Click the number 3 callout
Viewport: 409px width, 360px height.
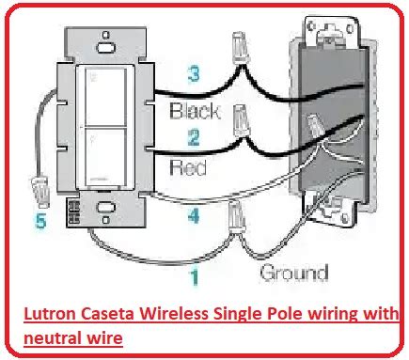click(x=194, y=75)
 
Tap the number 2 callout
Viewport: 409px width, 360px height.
click(x=194, y=137)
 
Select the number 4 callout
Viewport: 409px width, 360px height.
click(x=194, y=216)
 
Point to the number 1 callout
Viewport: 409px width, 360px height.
click(x=195, y=277)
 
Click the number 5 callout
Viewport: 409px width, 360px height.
click(x=41, y=220)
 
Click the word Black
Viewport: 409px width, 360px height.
click(x=195, y=111)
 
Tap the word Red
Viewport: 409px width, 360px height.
click(x=188, y=166)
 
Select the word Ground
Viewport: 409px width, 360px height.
click(x=294, y=273)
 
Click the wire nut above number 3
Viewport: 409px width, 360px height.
click(x=242, y=47)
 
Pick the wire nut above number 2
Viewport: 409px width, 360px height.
click(x=242, y=120)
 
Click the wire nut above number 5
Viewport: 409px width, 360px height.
click(x=40, y=192)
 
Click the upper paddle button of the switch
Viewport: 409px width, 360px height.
click(x=106, y=98)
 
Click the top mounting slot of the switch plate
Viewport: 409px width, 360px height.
click(x=105, y=48)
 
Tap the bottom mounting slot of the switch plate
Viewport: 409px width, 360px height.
click(x=106, y=207)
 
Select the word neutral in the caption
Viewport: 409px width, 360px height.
click(x=48, y=338)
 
